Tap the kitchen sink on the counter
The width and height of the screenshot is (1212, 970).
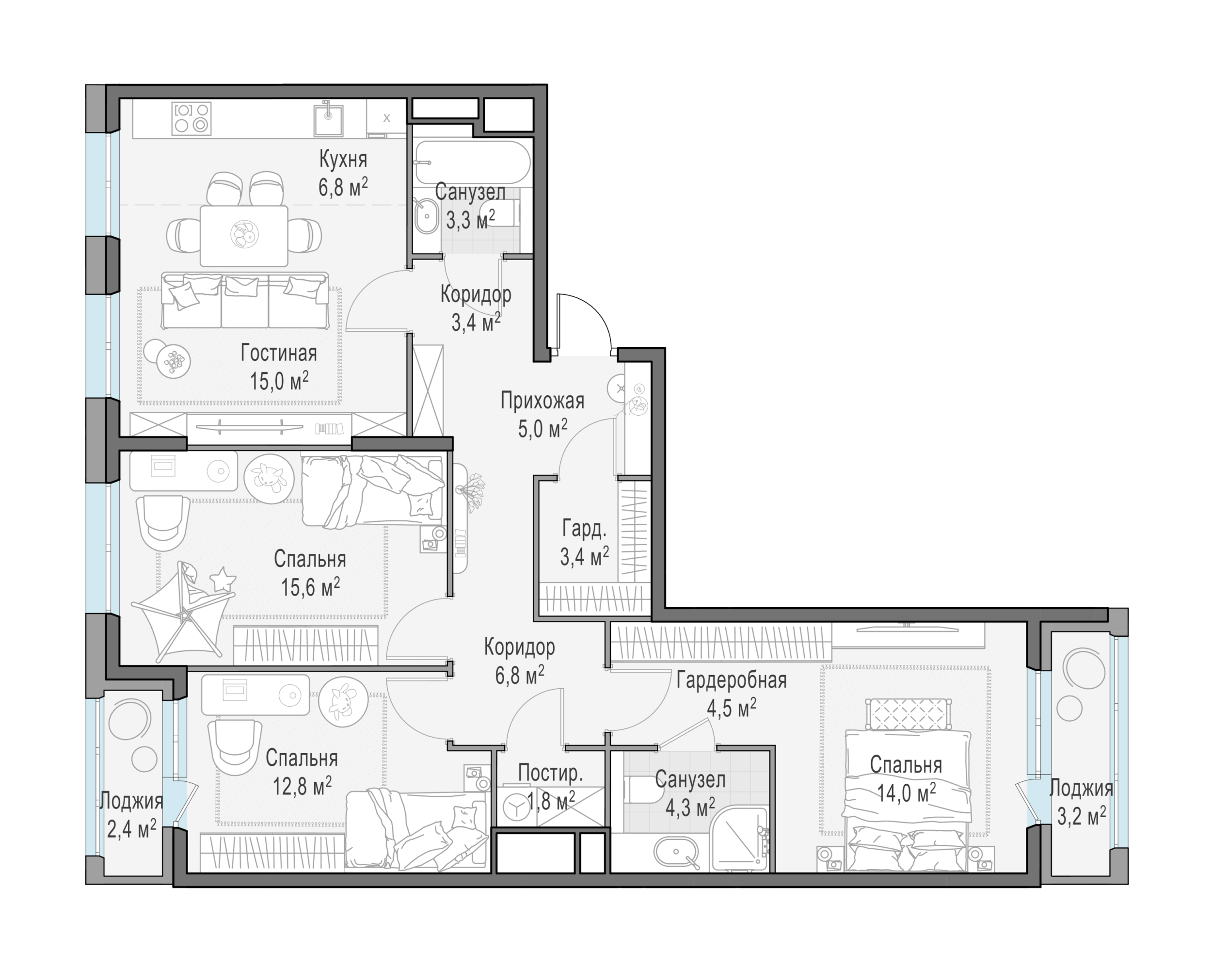pos(328,119)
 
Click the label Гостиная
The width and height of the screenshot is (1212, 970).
pos(279,353)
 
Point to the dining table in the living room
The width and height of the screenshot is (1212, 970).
pos(244,236)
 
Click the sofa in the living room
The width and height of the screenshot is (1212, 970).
pos(244,300)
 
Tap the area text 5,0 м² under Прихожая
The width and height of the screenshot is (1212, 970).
pos(542,428)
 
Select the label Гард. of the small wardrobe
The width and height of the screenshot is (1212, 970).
pos(584,529)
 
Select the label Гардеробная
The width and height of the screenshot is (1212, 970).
pos(732,680)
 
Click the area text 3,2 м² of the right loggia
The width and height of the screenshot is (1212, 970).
pos(1082,815)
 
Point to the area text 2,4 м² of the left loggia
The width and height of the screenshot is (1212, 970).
pos(131,829)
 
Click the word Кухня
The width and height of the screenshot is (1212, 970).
pos(343,160)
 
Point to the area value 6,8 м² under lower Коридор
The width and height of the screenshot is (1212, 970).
pos(519,674)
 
